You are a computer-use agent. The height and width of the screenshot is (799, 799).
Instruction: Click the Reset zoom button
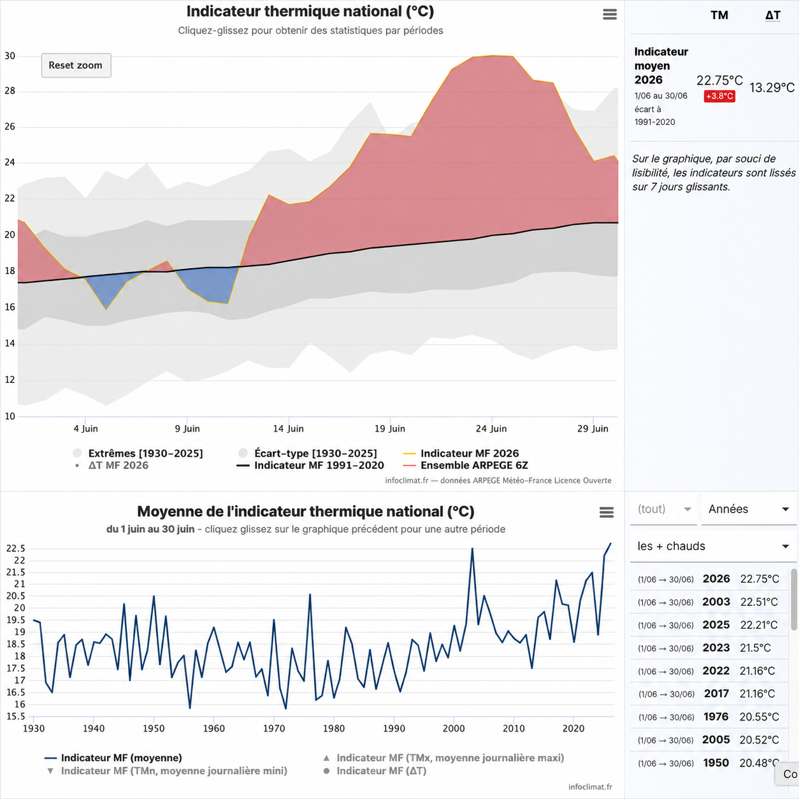coord(76,65)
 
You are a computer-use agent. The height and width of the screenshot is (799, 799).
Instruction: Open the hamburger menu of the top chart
coord(610,15)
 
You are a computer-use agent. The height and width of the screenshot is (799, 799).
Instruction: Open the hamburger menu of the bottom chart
coord(606,512)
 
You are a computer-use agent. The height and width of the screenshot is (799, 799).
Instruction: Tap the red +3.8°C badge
coord(719,96)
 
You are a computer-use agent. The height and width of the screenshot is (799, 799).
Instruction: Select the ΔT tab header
coord(772,15)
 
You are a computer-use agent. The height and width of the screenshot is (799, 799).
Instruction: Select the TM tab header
coord(719,15)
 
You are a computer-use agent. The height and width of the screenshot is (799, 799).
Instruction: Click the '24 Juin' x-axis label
coord(491,429)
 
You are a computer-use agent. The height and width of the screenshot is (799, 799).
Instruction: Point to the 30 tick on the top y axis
coord(10,56)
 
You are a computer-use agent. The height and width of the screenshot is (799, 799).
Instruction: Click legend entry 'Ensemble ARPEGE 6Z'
coord(474,465)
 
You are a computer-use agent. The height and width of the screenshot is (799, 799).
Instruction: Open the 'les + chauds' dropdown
coord(713,546)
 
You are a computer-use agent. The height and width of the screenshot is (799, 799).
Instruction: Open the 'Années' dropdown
coord(749,509)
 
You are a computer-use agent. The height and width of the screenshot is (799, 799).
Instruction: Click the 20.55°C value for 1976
coord(759,717)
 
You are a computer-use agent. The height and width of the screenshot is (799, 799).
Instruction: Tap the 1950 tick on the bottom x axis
coord(154,728)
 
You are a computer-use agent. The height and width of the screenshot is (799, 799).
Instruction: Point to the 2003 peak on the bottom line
coord(472,549)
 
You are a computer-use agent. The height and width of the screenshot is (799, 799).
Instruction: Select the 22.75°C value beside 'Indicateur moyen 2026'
coord(719,80)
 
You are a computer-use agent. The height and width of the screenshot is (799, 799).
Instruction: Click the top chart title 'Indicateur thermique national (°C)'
coord(310,11)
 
